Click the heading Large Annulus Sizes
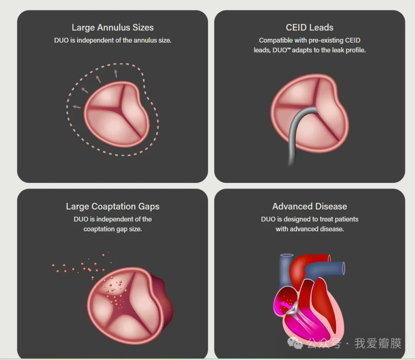coord(113,28)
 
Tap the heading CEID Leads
coord(309,28)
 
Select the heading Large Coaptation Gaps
coord(113,206)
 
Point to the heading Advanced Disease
coord(309,206)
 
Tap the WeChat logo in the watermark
coord(295,343)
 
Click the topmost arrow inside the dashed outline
coord(116,73)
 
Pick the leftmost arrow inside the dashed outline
coord(76,107)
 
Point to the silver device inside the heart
coord(293,308)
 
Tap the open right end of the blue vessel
coord(343,268)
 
